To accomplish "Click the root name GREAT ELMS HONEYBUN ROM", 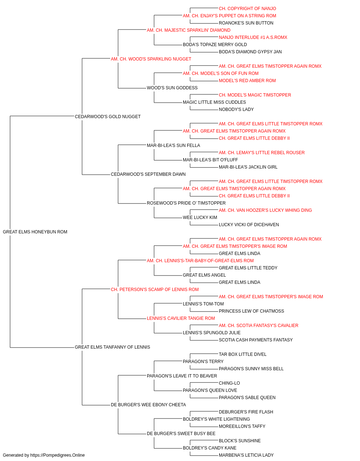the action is pyautogui.click(x=35, y=232).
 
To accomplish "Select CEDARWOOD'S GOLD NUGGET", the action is pyautogui.click(x=108, y=117).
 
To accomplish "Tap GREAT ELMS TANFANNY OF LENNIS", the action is pyautogui.click(x=112, y=347).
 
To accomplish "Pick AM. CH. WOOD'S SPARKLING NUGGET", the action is pyautogui.click(x=151, y=59).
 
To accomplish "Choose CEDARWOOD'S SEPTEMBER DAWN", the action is pyautogui.click(x=148, y=174).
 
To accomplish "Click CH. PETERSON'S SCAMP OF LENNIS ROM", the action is pyautogui.click(x=155, y=289).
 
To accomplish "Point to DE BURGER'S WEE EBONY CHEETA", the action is pyautogui.click(x=148, y=405).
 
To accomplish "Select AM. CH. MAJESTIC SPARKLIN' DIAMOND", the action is pyautogui.click(x=189, y=30).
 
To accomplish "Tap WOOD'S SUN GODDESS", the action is pyautogui.click(x=172, y=88).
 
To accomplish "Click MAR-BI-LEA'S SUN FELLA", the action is pyautogui.click(x=174, y=146).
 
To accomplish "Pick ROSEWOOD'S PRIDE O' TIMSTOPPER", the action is pyautogui.click(x=186, y=203).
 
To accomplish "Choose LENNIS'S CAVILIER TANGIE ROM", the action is pyautogui.click(x=181, y=318).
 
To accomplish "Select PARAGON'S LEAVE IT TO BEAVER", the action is pyautogui.click(x=182, y=376).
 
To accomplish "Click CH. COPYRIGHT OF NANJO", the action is pyautogui.click(x=247, y=9).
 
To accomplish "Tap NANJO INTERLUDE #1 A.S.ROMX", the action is pyautogui.click(x=253, y=37).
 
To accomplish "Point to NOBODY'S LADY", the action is pyautogui.click(x=236, y=109).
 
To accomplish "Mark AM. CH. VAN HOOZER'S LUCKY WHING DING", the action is pyautogui.click(x=265, y=210).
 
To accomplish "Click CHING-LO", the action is pyautogui.click(x=229, y=383).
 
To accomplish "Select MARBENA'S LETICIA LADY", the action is pyautogui.click(x=246, y=455).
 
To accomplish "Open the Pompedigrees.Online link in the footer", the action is pyautogui.click(x=57, y=455).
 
